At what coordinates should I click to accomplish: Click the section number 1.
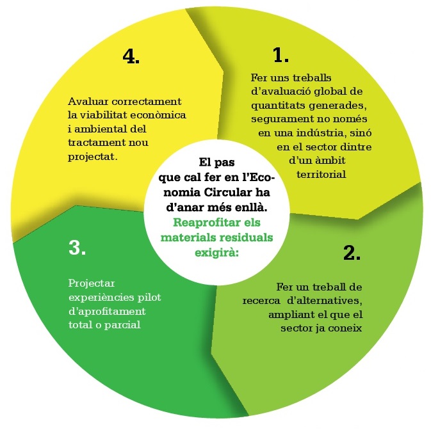tap(281, 55)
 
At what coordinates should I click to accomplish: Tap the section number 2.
tap(352, 253)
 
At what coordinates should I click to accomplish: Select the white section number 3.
tap(77, 248)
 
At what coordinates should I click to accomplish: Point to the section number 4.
tap(131, 56)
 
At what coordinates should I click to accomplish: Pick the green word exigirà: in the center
tap(216, 253)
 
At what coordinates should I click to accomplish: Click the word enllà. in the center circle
tap(252, 207)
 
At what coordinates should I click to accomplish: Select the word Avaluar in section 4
tap(88, 101)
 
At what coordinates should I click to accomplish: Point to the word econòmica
tap(158, 115)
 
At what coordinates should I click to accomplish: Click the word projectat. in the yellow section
tap(93, 157)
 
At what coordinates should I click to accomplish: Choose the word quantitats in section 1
tap(277, 106)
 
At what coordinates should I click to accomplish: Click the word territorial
tap(321, 174)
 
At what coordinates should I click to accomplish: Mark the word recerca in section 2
tap(261, 301)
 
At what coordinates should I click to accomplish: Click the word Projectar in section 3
tap(91, 283)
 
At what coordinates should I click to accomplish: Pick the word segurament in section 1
tap(281, 120)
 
